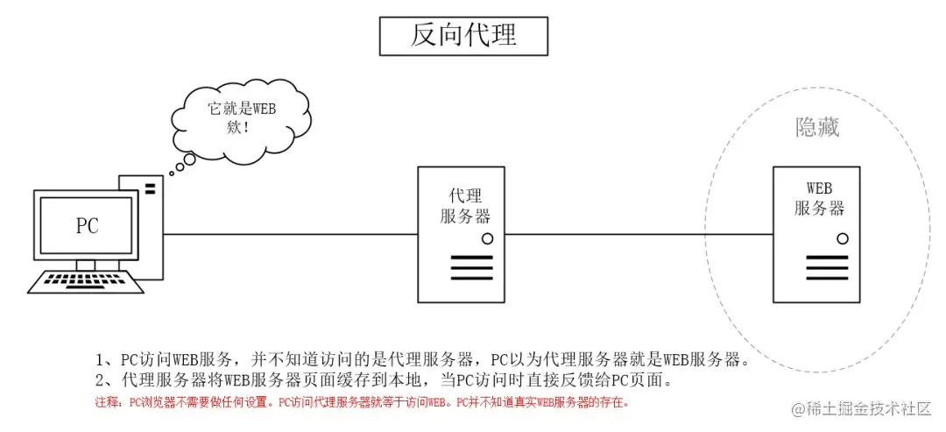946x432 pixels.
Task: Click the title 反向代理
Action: (x=463, y=35)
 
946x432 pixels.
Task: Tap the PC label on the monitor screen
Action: (x=87, y=226)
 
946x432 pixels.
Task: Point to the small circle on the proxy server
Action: (x=487, y=237)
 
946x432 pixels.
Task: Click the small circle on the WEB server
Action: (x=843, y=237)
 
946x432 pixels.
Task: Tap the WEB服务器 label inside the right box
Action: (x=819, y=199)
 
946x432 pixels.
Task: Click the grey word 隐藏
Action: (x=816, y=128)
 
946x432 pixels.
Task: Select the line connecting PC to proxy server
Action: (x=289, y=234)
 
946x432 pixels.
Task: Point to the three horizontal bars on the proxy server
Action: (x=472, y=266)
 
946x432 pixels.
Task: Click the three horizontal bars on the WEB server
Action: (x=828, y=266)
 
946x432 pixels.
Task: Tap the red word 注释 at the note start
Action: (x=106, y=404)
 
